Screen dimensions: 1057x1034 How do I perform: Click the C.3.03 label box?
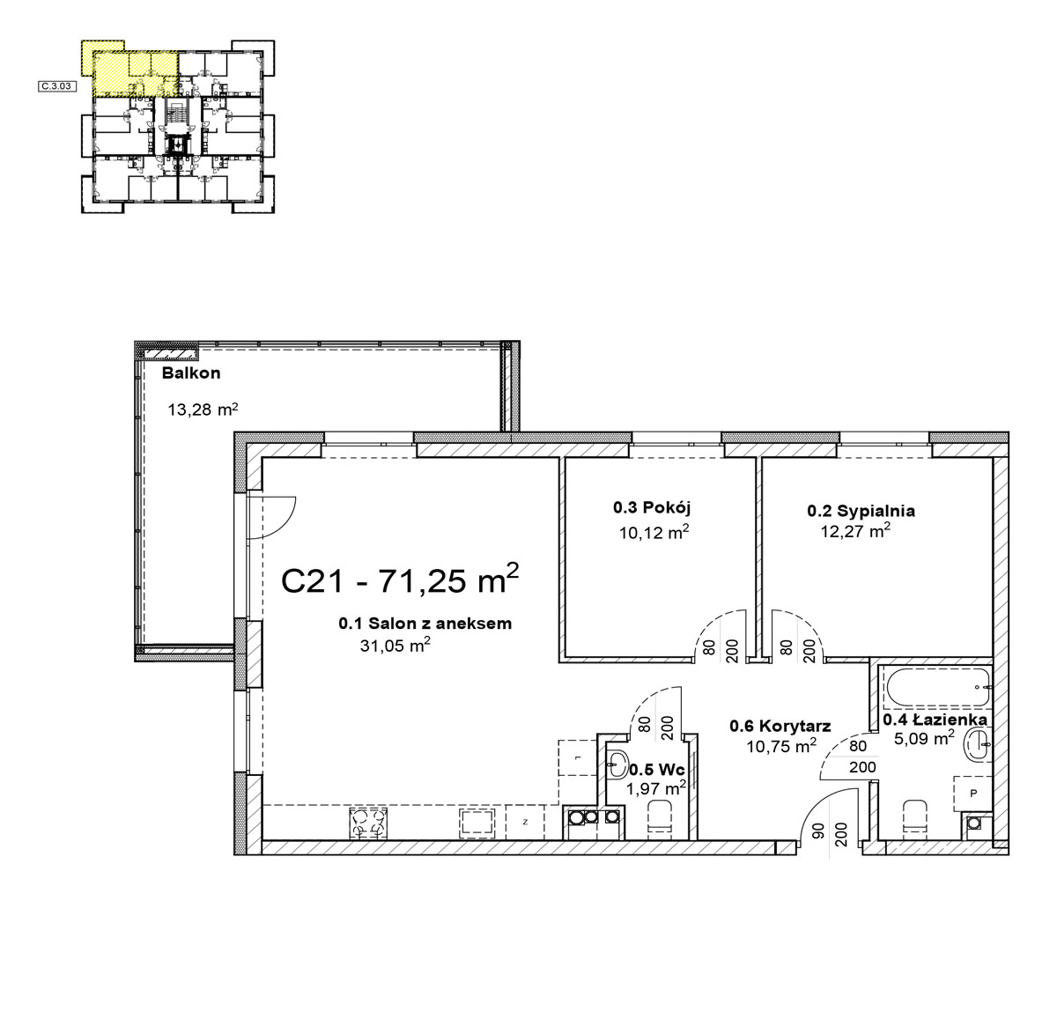[x=56, y=85]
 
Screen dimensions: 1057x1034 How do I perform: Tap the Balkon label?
[x=191, y=373]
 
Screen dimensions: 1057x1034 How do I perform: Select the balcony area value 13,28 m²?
[x=203, y=409]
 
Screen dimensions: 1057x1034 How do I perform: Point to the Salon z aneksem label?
[x=425, y=623]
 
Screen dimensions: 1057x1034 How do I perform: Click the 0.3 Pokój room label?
[x=652, y=508]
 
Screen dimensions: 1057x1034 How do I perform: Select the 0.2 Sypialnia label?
[x=861, y=511]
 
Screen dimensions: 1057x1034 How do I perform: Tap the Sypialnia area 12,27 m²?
[x=855, y=530]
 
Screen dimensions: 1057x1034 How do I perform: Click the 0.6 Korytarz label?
[x=780, y=726]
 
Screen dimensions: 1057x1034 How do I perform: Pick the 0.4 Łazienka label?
[x=935, y=720]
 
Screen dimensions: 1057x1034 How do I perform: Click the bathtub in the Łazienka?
[x=937, y=687]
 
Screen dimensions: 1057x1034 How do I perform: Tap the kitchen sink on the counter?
[x=477, y=824]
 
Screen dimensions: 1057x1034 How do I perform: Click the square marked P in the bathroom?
[x=973, y=794]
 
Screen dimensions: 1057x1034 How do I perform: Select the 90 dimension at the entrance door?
[x=820, y=830]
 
